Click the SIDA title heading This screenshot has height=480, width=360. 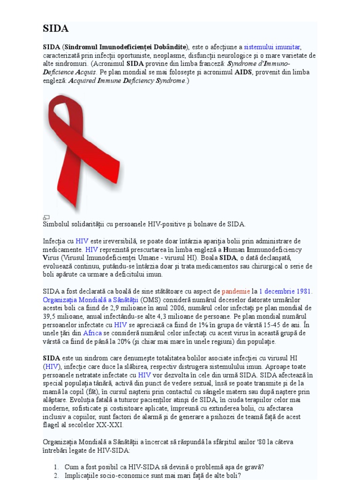56,29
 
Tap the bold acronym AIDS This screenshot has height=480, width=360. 243,72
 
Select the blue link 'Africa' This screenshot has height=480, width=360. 92,333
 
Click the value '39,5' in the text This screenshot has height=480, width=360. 51,317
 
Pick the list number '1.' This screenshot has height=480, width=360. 56,467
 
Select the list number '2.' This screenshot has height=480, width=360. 56,475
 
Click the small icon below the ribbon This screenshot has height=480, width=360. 46,217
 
